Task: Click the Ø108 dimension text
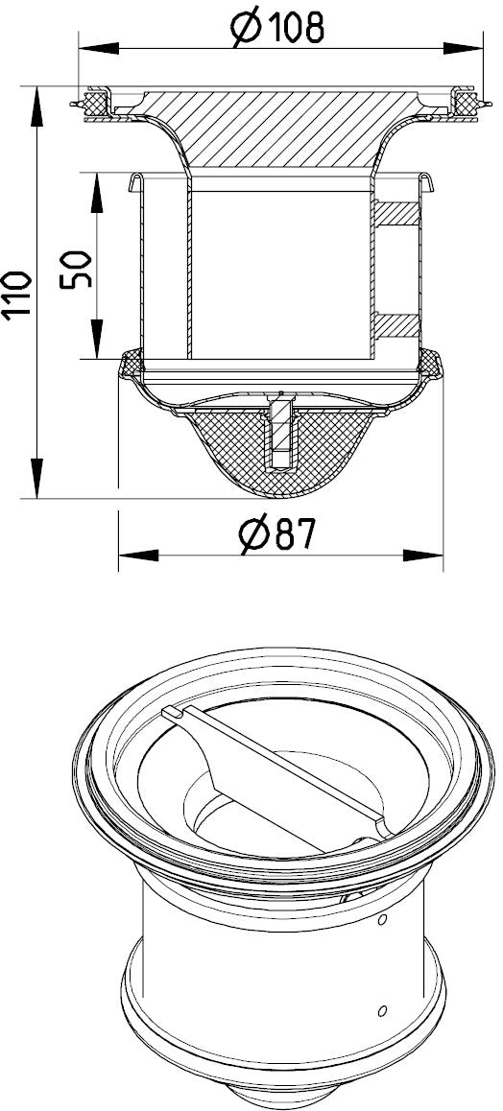pyautogui.click(x=277, y=29)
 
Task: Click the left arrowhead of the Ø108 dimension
pyautogui.click(x=99, y=49)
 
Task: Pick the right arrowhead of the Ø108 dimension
pyautogui.click(x=463, y=49)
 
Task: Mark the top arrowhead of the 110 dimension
pyautogui.click(x=34, y=106)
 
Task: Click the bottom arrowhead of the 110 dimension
pyautogui.click(x=34, y=479)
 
